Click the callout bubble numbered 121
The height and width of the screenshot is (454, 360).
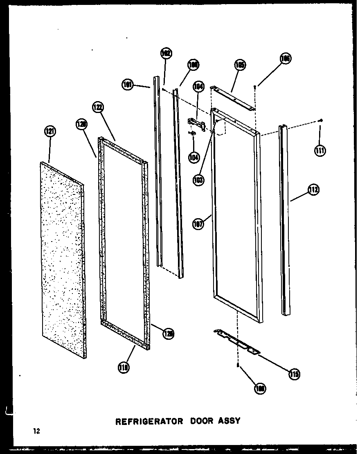50,131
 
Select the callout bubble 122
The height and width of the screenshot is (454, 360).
98,107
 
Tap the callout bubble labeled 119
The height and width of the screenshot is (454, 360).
122,368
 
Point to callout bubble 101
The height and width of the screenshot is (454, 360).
128,85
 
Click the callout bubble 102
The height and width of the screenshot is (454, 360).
166,54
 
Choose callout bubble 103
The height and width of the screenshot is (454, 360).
199,180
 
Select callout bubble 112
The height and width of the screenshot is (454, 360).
314,190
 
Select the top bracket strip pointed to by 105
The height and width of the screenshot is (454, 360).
232,97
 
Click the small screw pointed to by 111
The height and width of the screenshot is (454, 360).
321,120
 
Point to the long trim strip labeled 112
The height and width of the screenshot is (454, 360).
285,221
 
